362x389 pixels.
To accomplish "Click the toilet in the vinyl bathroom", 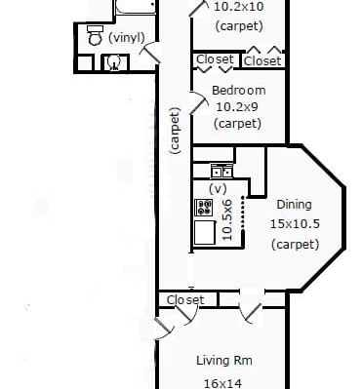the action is pyautogui.click(x=96, y=35).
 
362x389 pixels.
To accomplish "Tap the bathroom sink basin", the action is pyautogui.click(x=114, y=62).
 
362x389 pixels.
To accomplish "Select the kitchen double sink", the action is pyautogui.click(x=221, y=171).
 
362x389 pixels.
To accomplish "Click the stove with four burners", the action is pyautogui.click(x=204, y=208).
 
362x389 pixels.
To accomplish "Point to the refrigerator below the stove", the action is pyautogui.click(x=205, y=233).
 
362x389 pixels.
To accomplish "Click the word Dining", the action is pyautogui.click(x=294, y=205).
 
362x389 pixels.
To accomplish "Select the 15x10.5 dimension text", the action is pyautogui.click(x=295, y=224).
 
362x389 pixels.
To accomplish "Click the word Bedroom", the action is pyautogui.click(x=239, y=90).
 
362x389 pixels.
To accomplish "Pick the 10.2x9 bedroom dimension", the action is pyautogui.click(x=237, y=106).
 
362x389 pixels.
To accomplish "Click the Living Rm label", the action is pyautogui.click(x=224, y=361).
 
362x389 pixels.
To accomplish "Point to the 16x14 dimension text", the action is pyautogui.click(x=222, y=383).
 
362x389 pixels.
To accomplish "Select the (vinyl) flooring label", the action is pyautogui.click(x=126, y=38).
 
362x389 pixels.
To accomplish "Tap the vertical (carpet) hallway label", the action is pyautogui.click(x=175, y=131).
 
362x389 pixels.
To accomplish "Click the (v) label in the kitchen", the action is pyautogui.click(x=218, y=188).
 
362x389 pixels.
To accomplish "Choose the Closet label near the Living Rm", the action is pyautogui.click(x=185, y=299).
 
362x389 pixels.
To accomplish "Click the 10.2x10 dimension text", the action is pyautogui.click(x=238, y=7).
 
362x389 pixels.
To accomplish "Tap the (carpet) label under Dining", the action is pyautogui.click(x=296, y=244).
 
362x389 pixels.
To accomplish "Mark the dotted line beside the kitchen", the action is pyautogui.click(x=243, y=213).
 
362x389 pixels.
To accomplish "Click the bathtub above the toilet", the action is pyautogui.click(x=135, y=7).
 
